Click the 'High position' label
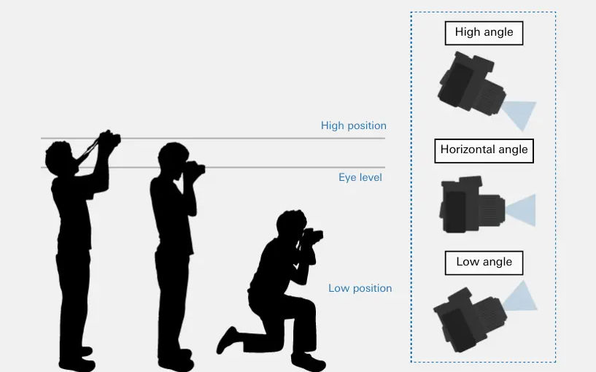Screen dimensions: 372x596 (x=354, y=125)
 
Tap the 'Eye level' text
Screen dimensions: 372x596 (x=360, y=177)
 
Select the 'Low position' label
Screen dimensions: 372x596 (x=360, y=288)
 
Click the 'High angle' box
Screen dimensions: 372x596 (x=484, y=33)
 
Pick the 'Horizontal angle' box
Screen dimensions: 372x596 (x=484, y=150)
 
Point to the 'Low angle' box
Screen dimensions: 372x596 (x=484, y=263)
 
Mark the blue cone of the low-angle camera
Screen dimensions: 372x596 (x=519, y=298)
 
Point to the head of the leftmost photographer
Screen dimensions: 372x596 (x=60, y=156)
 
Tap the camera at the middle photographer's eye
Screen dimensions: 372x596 (x=196, y=170)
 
